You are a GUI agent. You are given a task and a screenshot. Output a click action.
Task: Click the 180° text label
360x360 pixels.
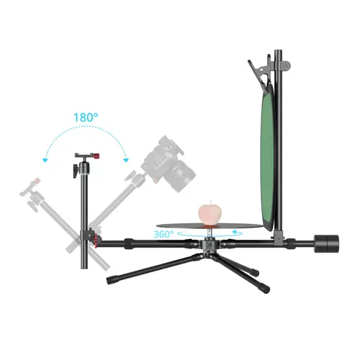coord(86,117)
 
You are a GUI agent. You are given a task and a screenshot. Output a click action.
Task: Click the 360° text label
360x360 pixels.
coord(163,234)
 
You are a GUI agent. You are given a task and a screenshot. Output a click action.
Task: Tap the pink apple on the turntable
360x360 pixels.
coord(210,213)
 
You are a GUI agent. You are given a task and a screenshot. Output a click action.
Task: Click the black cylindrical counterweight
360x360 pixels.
coord(327,243)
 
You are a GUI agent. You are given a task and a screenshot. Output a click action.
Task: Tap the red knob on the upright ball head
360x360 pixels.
coord(96,156)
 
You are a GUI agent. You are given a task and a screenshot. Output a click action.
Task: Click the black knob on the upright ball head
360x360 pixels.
coord(76,171)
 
